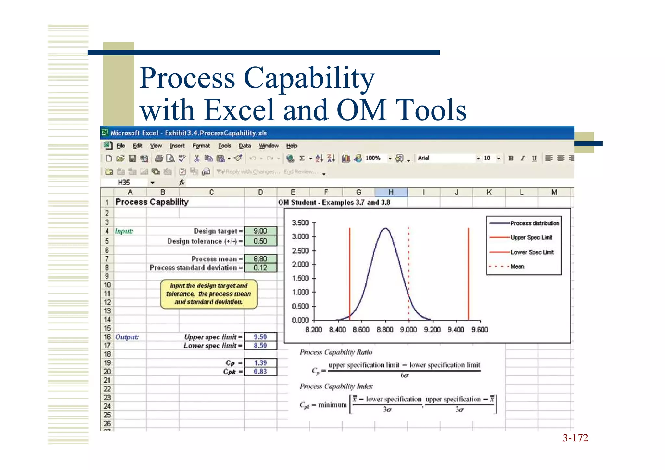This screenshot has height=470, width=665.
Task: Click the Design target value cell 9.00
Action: pyautogui.click(x=260, y=231)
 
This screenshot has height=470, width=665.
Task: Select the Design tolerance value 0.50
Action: pyautogui.click(x=260, y=241)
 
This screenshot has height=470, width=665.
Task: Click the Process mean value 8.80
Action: pyautogui.click(x=260, y=259)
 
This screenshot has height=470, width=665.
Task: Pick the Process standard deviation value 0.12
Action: pyautogui.click(x=260, y=268)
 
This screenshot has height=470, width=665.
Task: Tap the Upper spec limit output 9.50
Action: pyautogui.click(x=260, y=337)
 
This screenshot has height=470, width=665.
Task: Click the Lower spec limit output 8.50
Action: pyautogui.click(x=260, y=346)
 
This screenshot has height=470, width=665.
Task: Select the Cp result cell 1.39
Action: pyautogui.click(x=260, y=363)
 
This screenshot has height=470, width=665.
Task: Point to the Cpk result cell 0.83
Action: pyautogui.click(x=260, y=372)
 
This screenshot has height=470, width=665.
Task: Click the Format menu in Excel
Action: pyautogui.click(x=201, y=146)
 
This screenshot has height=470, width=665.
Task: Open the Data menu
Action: pyautogui.click(x=245, y=146)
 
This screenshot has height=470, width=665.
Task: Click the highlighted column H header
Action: pyautogui.click(x=391, y=192)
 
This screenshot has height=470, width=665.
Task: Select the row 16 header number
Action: pyautogui.click(x=107, y=337)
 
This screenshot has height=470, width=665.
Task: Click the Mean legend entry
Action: pyautogui.click(x=517, y=267)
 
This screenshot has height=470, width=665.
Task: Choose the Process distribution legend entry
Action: pyautogui.click(x=534, y=223)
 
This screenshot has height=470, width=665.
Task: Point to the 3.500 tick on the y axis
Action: pyautogui.click(x=300, y=223)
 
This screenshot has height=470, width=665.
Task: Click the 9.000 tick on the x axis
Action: pyautogui.click(x=408, y=330)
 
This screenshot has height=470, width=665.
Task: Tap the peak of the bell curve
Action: pyautogui.click(x=385, y=228)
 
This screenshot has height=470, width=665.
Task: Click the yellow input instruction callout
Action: pyautogui.click(x=208, y=294)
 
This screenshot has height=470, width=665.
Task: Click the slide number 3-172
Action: pyautogui.click(x=575, y=438)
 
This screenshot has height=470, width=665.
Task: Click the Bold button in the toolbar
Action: pyautogui.click(x=511, y=158)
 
